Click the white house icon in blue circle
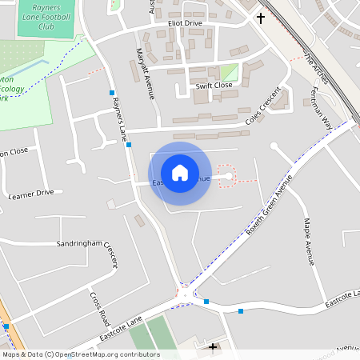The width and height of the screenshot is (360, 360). pyautogui.click(x=179, y=172)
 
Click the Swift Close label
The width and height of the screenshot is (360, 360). pyautogui.click(x=214, y=85)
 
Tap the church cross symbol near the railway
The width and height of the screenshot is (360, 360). pyautogui.click(x=260, y=17)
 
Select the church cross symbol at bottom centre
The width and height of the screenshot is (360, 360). pyautogui.click(x=213, y=346)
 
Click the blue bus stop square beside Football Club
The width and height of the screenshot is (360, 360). pyautogui.click(x=111, y=93)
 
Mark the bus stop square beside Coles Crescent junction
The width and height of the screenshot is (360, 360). pyautogui.click(x=128, y=145)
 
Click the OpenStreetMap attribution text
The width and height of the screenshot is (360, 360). pyautogui.click(x=80, y=354)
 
